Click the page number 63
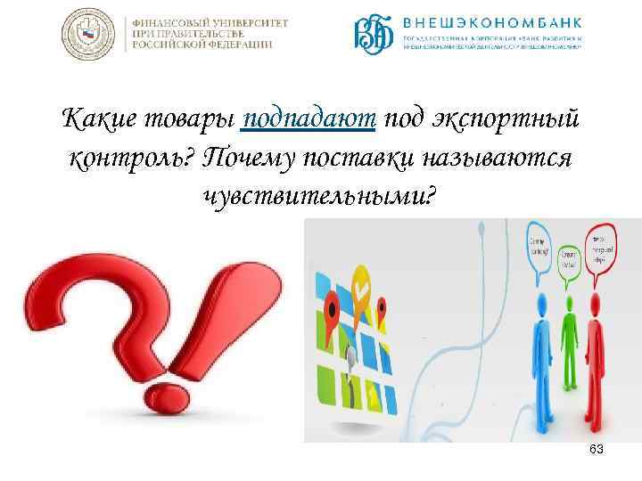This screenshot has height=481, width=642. pyautogui.click(x=597, y=451)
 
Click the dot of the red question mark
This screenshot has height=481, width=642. pyautogui.click(x=165, y=395)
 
